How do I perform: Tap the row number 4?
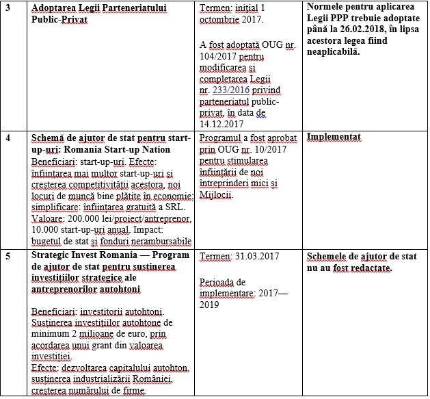click(7, 138)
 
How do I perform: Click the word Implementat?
click(334, 138)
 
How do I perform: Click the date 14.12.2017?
click(224, 124)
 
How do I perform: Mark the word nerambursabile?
click(157, 241)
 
